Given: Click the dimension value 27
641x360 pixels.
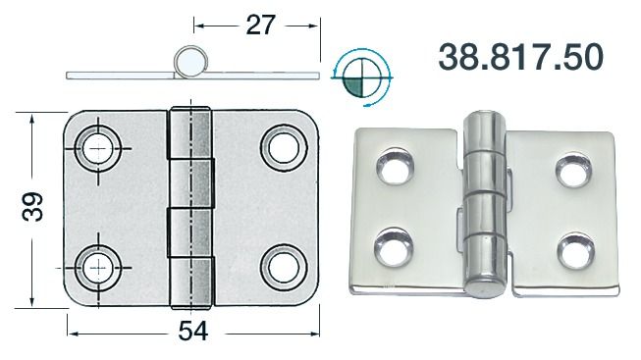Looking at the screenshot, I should (x=259, y=26).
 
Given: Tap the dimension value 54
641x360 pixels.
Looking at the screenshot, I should (x=193, y=332).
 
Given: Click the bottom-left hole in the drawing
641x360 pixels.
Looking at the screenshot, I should (x=98, y=264).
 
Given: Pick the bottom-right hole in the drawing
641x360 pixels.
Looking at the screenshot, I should (x=283, y=264).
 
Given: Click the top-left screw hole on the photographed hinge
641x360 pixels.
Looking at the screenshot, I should (x=396, y=169).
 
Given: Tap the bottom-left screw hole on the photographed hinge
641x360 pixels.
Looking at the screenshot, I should (x=395, y=243).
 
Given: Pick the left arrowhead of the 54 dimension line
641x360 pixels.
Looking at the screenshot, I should (x=70, y=332).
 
